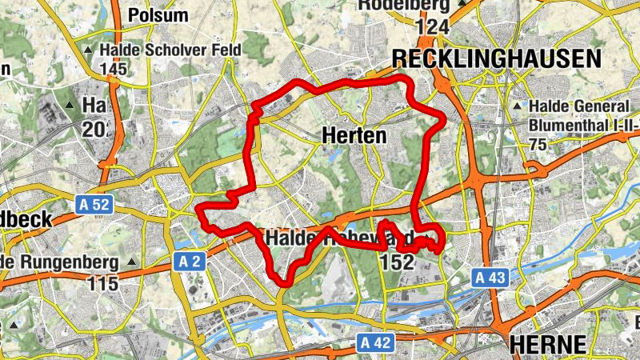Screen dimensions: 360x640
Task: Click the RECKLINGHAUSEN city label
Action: pyautogui.click(x=496, y=58)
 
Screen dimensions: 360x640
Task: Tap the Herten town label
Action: pyautogui.click(x=354, y=136)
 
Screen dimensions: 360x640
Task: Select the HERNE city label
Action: pyautogui.click(x=548, y=344)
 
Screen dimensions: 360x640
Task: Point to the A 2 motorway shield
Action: pyautogui.click(x=189, y=262)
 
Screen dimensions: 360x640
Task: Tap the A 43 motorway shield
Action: pyautogui.click(x=489, y=278)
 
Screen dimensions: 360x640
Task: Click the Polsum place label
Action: pyautogui.click(x=158, y=15)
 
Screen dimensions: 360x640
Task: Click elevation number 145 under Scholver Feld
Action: pyautogui.click(x=114, y=70)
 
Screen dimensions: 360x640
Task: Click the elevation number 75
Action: pyautogui.click(x=538, y=144)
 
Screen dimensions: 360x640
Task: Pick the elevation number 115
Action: pyautogui.click(x=103, y=283)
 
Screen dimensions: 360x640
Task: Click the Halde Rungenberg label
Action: pyautogui.click(x=60, y=262)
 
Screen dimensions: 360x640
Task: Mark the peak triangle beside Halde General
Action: pyautogui.click(x=518, y=106)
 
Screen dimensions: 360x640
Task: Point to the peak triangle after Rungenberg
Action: pyautogui.click(x=131, y=262)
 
